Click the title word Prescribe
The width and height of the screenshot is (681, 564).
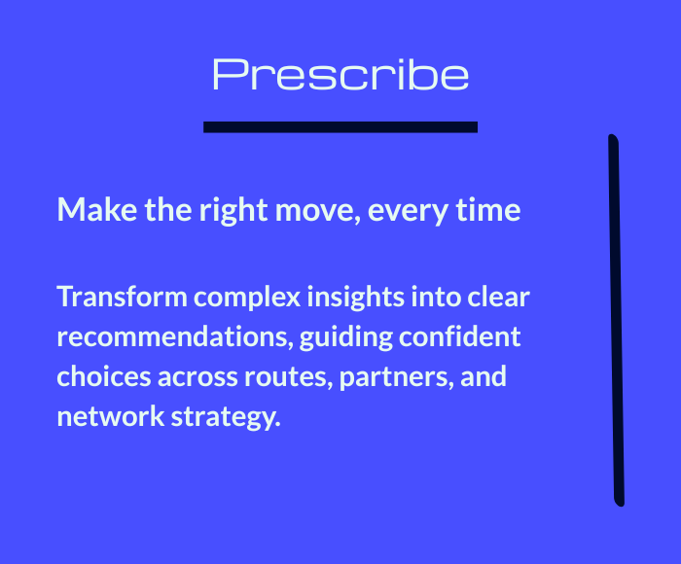[x=340, y=75]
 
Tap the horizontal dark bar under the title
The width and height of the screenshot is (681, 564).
[x=340, y=126]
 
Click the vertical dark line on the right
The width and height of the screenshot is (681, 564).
[x=616, y=321]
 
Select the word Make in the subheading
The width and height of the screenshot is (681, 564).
[x=97, y=210]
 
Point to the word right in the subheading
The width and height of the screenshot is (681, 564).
[x=233, y=211]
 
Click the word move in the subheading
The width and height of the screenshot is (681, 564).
[x=318, y=212]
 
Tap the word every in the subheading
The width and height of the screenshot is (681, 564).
[x=408, y=213]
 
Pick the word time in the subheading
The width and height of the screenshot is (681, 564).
[x=488, y=210]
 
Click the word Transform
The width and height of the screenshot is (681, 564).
[x=122, y=297]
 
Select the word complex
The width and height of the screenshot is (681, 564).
[x=247, y=299]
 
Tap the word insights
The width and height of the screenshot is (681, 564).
[x=356, y=299]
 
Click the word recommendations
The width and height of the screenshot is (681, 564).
[x=175, y=337]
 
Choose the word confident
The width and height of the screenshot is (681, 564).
[x=460, y=336]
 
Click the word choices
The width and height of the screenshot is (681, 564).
[x=104, y=376]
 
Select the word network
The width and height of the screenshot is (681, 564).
[x=111, y=416]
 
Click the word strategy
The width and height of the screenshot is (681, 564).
[x=226, y=418]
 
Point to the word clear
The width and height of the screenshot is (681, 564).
[x=498, y=297]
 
